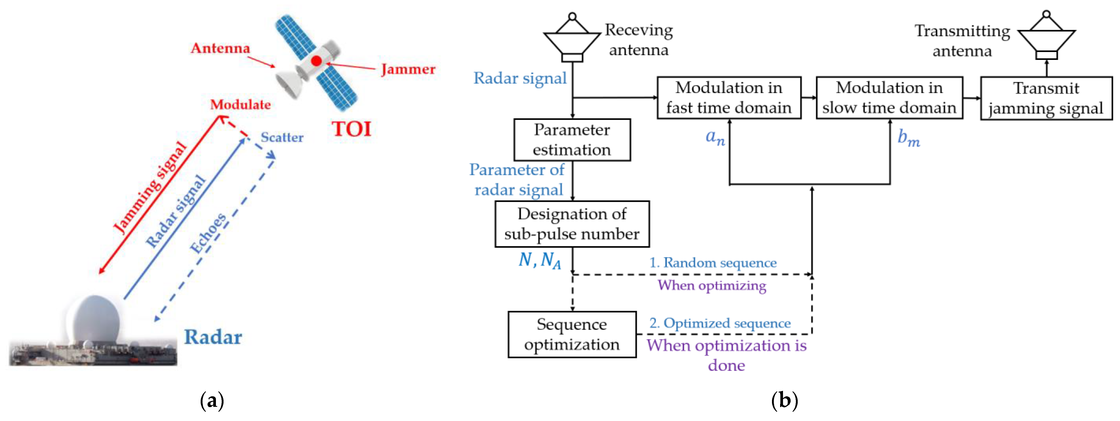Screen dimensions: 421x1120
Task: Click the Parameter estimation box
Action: coord(572,140)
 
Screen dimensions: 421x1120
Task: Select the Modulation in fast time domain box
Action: coord(729,98)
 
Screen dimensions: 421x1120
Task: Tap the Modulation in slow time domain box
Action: coord(889,98)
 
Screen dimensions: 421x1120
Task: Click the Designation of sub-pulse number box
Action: coord(572,224)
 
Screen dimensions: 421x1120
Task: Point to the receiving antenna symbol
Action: coord(572,39)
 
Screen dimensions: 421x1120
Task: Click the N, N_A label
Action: coord(540,260)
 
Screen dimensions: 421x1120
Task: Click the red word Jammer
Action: coord(408,69)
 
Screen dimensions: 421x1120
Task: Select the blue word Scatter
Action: coord(282,137)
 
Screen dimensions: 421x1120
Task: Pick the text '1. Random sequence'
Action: coord(713,263)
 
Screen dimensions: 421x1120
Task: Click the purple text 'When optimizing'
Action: coord(712,286)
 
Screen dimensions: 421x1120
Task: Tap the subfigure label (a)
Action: coord(212,400)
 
